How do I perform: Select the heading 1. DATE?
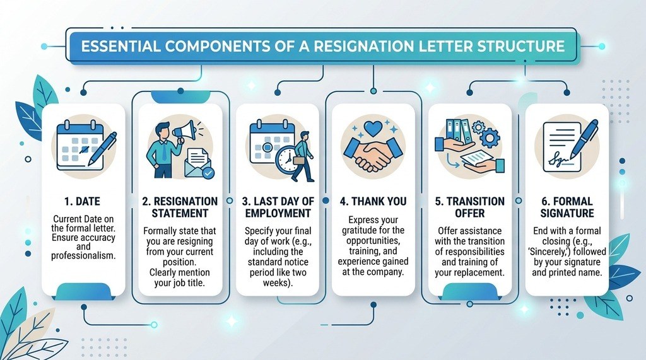[83, 201]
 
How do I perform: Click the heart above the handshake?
[373, 128]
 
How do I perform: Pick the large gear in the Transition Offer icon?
[490, 138]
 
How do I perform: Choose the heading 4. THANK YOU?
[373, 201]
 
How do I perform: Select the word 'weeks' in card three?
[277, 283]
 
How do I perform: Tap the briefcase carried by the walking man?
[299, 162]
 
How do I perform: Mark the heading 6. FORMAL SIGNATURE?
[567, 207]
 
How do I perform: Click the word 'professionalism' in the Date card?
[83, 256]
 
